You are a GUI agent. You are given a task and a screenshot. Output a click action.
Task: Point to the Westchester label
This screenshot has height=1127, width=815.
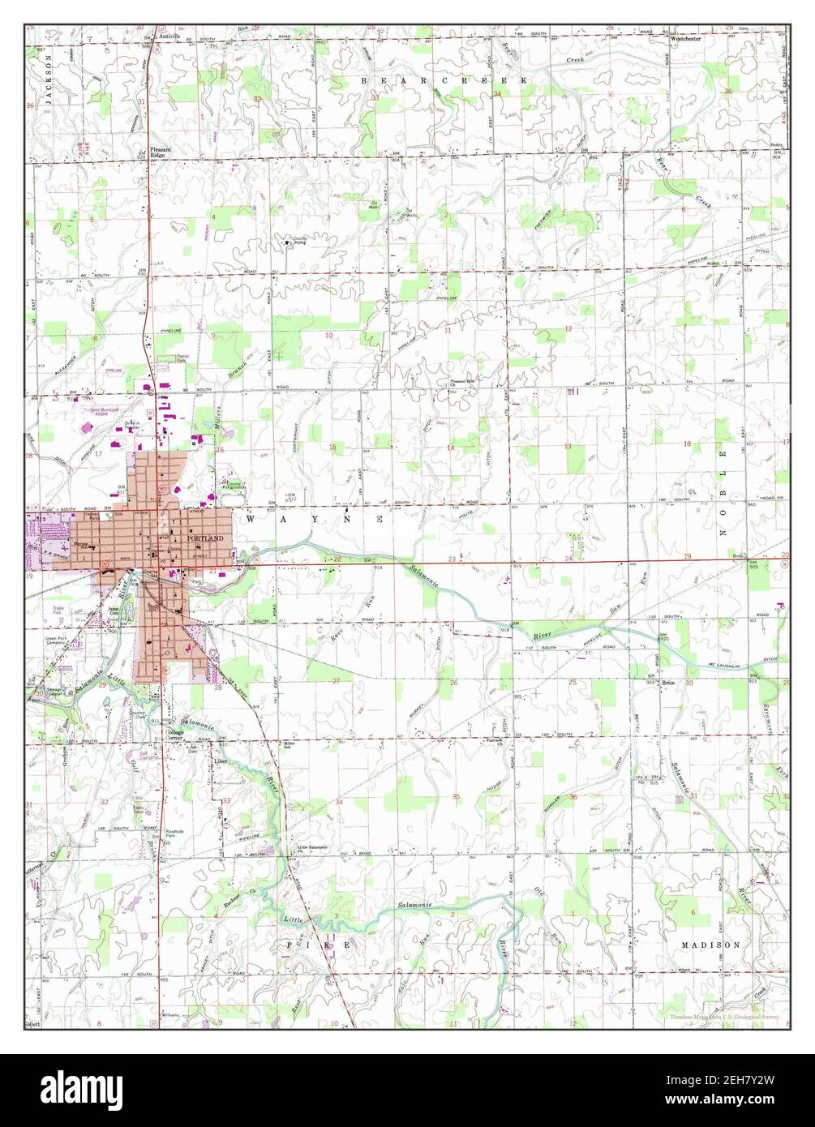[686, 38]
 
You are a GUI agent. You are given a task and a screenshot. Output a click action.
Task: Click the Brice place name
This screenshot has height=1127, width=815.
[668, 683]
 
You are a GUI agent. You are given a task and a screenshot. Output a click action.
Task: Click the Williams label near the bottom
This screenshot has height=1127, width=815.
[169, 1014]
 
